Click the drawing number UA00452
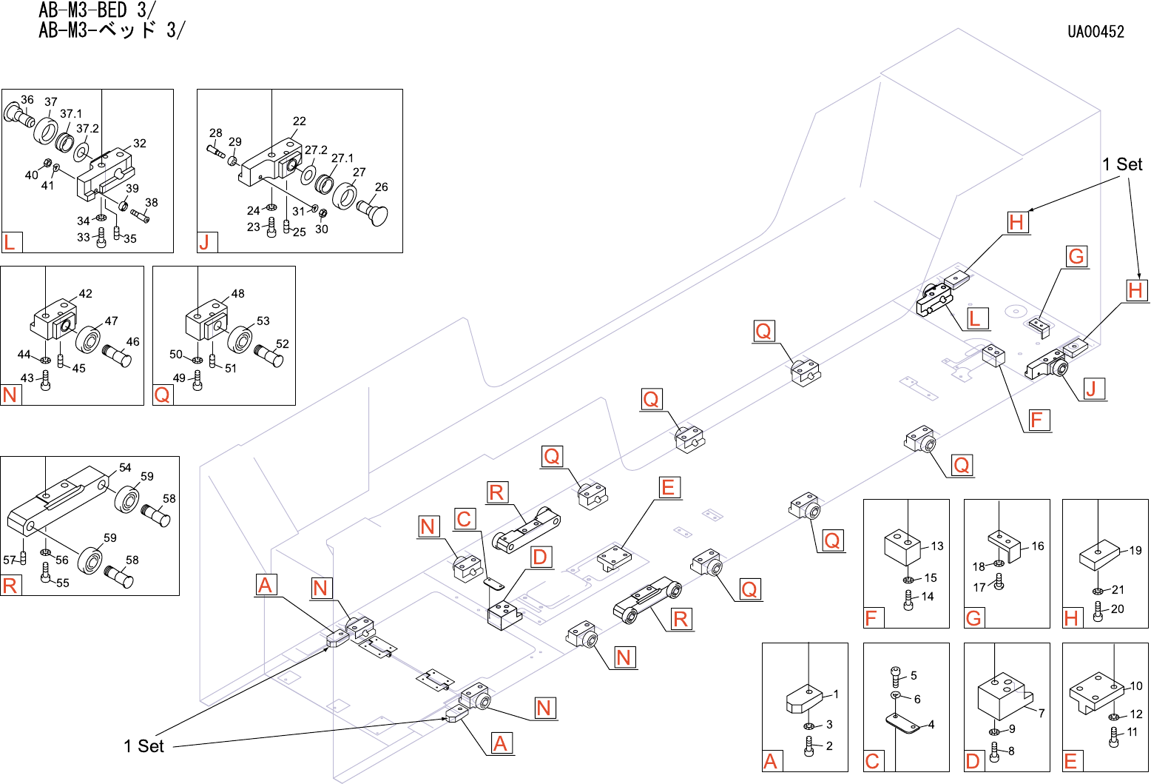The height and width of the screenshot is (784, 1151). click(x=1096, y=32)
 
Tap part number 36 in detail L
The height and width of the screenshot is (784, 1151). click(x=27, y=99)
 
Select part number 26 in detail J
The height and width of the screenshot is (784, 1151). click(x=381, y=187)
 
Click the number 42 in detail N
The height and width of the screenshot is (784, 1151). click(x=85, y=294)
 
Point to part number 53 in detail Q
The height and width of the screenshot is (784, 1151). click(x=263, y=321)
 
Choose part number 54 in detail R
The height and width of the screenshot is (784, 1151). click(x=125, y=467)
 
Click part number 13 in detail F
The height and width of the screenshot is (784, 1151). click(x=937, y=546)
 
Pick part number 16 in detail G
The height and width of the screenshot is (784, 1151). click(x=1038, y=546)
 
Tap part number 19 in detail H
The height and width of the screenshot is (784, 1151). click(x=1135, y=551)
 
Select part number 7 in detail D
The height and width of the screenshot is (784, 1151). click(x=1042, y=713)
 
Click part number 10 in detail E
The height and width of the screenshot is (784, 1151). click(x=1136, y=686)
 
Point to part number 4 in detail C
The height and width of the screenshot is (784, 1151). click(x=931, y=724)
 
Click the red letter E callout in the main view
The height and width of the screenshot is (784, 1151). click(x=668, y=487)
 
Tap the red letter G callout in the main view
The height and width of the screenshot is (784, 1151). click(x=1076, y=256)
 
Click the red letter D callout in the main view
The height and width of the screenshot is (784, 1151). click(x=540, y=557)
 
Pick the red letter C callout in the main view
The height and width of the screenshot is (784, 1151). click(x=464, y=519)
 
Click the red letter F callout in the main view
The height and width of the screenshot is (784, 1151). click(x=1037, y=420)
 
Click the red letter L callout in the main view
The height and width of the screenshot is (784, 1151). click(x=975, y=319)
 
